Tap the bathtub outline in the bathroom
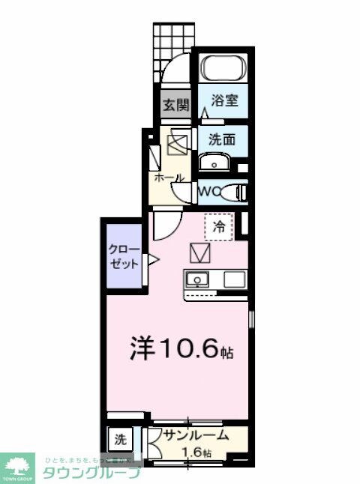(x=225, y=70)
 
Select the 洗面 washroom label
(x=223, y=139)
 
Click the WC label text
(x=209, y=192)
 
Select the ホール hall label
(x=169, y=178)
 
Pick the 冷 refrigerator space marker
(x=219, y=224)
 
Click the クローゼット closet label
(x=122, y=256)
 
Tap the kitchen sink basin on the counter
(x=199, y=281)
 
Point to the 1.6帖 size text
(x=196, y=453)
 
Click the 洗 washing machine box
(x=120, y=438)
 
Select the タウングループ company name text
(x=90, y=473)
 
